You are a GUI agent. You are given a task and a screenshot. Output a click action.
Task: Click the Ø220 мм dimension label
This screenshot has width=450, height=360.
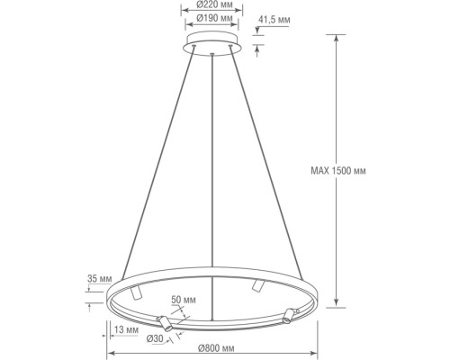pos(212,4)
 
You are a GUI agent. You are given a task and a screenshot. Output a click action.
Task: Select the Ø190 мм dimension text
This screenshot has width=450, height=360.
pos(212,17)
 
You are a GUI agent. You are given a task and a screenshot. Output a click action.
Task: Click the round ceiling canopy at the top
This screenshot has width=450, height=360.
pos(212,45)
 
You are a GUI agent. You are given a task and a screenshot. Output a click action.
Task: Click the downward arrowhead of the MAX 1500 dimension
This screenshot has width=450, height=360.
pos(335,304)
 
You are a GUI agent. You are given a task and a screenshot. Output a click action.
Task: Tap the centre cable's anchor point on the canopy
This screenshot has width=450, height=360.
pos(212,55)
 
